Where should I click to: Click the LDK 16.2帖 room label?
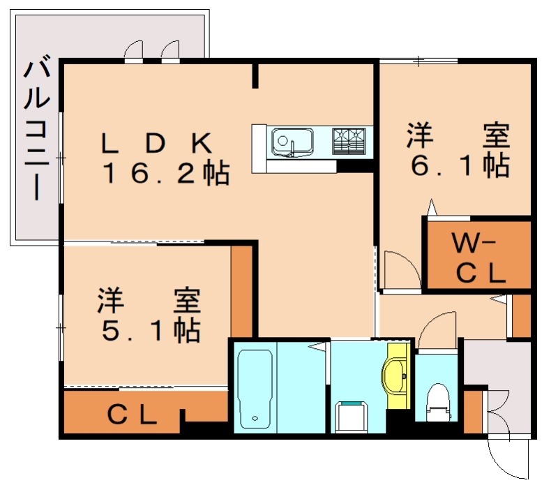point(165,159)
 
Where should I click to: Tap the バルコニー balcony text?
point(37,131)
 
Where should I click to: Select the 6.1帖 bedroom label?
point(458,151)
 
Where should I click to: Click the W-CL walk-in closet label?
point(478,259)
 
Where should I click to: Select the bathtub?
point(255,389)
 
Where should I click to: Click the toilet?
point(437,400)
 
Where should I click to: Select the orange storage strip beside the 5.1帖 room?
point(241,290)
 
